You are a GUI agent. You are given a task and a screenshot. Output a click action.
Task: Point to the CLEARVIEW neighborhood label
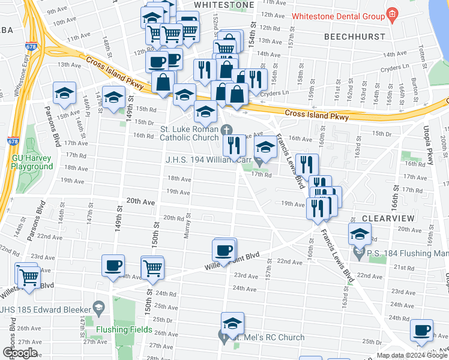point(385,218)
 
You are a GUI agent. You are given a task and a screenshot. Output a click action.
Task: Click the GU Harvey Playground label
point(32,162)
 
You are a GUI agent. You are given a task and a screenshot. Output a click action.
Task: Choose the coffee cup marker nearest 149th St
point(113,266)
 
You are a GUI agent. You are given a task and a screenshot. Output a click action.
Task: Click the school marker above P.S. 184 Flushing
point(359,235)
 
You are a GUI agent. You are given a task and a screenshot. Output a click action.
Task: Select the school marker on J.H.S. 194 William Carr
point(265,146)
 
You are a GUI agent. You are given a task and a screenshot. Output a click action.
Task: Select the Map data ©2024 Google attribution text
point(411,355)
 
